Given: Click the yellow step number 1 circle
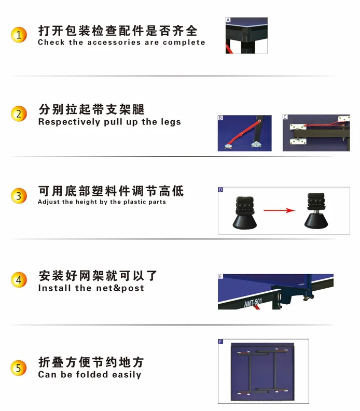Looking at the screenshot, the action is point(19,35).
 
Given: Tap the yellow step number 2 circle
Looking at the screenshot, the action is point(19,114).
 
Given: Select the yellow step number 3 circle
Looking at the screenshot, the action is point(19,196).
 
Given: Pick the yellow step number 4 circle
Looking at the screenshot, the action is point(19,280).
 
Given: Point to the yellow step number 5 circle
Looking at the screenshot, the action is point(19,367).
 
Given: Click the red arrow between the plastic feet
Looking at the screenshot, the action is point(280,210).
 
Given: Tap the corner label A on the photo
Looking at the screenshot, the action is point(228,20).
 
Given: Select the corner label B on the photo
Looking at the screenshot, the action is point(220,118).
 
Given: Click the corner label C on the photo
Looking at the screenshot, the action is point(285,117).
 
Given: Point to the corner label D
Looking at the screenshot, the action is point(220,190).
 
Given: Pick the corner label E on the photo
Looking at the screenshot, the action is point(220,276).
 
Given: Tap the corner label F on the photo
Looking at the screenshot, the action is point(220,342).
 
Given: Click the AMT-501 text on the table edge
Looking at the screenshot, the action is point(253,302).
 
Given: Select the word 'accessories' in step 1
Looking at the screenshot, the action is point(114,42).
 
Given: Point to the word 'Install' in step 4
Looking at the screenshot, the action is point(54,288).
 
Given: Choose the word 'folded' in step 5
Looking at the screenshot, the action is point(92,374).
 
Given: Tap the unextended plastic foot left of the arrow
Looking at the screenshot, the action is point(244,212).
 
